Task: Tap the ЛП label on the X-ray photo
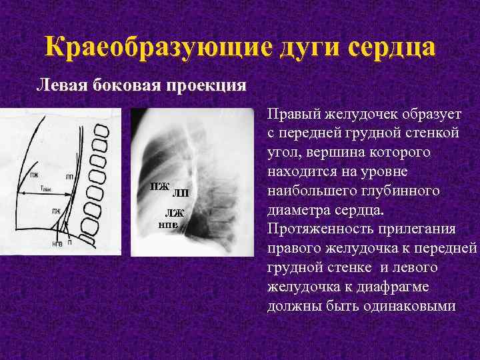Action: (x=181, y=194)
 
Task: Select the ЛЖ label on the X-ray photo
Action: (x=175, y=213)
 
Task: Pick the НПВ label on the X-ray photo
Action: (x=167, y=225)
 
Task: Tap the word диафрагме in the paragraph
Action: (x=413, y=287)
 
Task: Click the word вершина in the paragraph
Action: (x=325, y=153)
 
